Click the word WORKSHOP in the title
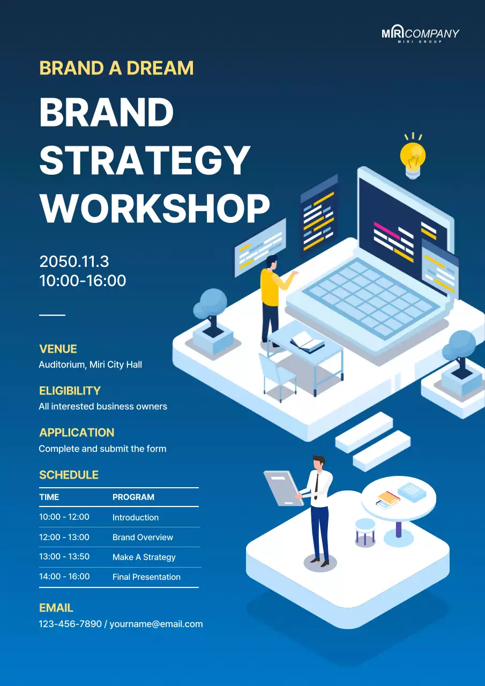(154, 208)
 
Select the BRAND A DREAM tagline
(116, 68)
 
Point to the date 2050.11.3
(74, 262)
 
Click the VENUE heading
(58, 349)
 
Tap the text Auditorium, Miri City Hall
(90, 364)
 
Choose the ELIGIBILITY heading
(70, 391)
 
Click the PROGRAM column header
(133, 497)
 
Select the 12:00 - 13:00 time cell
(64, 537)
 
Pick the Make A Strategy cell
(144, 557)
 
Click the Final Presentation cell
(146, 577)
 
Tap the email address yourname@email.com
(156, 624)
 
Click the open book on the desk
(307, 341)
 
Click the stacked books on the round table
(388, 499)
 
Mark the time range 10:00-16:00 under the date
(83, 281)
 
